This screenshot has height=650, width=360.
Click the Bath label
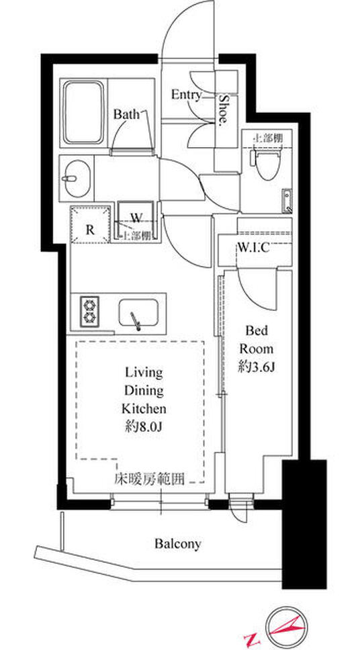coord(126,115)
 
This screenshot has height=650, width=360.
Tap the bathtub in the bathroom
coord(83,112)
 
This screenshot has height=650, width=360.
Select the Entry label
coord(186,95)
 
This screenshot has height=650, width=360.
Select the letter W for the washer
coord(136,218)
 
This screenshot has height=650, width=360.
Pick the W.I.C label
coord(253,247)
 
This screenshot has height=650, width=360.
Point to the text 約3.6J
coord(258,367)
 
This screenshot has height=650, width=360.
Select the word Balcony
coord(177,544)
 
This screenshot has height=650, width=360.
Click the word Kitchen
coord(144,408)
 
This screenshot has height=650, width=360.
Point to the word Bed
coord(258,330)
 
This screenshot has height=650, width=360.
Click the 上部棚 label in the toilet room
coord(267,138)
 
